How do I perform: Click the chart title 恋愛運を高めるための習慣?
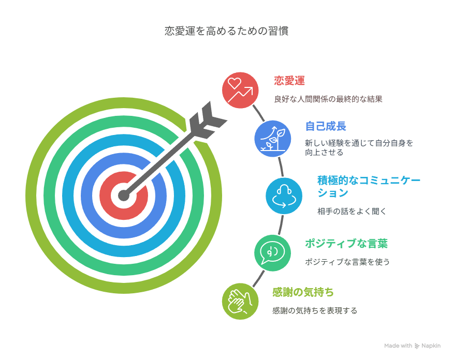pyautogui.click(x=226, y=31)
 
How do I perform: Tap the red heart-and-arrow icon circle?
pyautogui.click(x=240, y=88)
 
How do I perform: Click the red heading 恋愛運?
pyautogui.click(x=289, y=81)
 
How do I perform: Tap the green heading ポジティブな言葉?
pyautogui.click(x=346, y=244)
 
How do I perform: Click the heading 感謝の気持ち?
pyautogui.click(x=303, y=293)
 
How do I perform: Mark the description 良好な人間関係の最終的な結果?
pyautogui.click(x=328, y=99)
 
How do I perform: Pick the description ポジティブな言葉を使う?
pyautogui.click(x=347, y=262)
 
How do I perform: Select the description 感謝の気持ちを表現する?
pyautogui.click(x=315, y=311)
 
